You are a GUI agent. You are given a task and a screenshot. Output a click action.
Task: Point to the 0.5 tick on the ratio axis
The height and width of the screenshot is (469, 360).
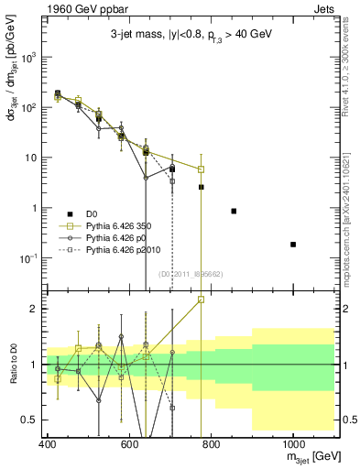tap(35, 420)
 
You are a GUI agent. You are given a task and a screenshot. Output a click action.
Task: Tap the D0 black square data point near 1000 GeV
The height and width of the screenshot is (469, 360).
tap(293, 245)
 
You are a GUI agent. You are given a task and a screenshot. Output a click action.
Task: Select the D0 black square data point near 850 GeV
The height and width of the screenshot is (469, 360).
tap(234, 212)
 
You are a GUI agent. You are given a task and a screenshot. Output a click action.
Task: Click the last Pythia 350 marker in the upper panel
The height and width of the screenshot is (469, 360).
tap(201, 169)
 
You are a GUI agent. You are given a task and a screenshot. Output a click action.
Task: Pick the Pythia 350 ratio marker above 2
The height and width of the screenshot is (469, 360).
tap(201, 300)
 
